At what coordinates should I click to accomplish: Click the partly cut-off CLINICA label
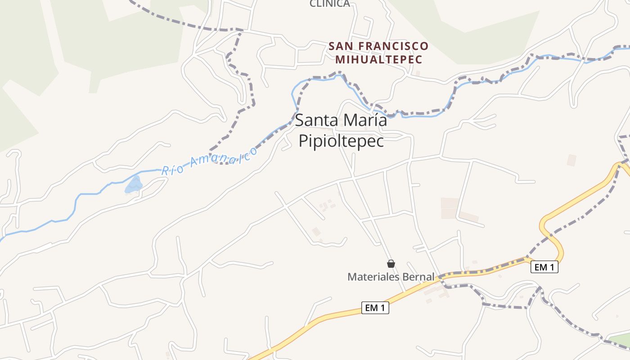coord(330,4)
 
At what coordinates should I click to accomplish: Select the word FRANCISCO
coord(396,46)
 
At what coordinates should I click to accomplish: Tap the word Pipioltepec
coord(342,141)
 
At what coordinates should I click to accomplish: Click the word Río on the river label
coord(171,170)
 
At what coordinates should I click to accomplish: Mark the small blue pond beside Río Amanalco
coord(134,185)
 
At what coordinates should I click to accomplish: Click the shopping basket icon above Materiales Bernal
coord(391,264)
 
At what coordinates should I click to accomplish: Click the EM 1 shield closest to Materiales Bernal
coord(375,308)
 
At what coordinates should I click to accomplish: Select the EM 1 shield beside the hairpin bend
coord(544,267)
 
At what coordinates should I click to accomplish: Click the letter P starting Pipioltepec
coord(303,141)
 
